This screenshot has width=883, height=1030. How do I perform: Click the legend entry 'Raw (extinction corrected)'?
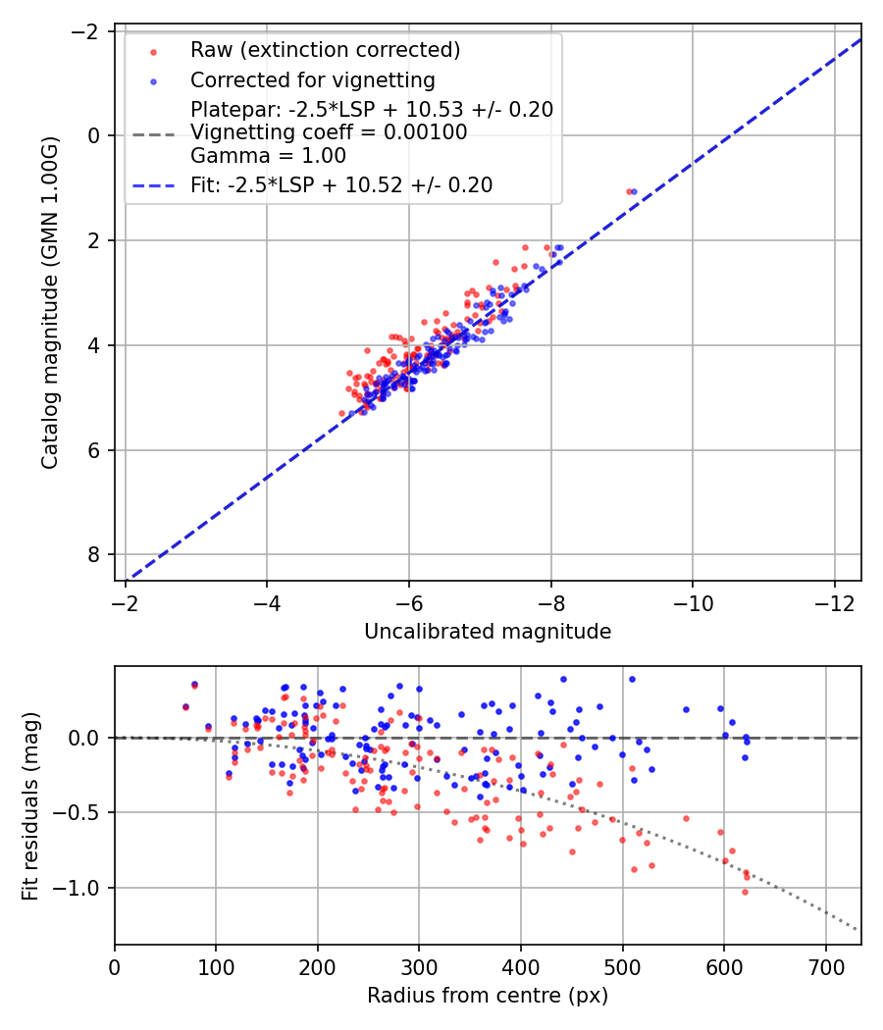coord(325,50)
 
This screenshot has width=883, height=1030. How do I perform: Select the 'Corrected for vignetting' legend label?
coord(312,79)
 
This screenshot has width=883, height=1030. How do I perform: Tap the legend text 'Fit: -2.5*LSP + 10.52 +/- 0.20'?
coord(341,184)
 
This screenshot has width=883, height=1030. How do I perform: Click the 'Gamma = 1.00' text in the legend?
coord(268,155)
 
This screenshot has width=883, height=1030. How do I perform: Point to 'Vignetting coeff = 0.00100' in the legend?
coord(329,132)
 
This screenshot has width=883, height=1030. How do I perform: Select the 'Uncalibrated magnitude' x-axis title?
coord(488,632)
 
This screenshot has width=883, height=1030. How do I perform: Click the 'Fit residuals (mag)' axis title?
coord(30,805)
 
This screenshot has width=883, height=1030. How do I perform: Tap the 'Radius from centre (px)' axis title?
coord(488,996)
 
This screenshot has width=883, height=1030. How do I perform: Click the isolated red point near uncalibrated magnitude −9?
coord(629,191)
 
